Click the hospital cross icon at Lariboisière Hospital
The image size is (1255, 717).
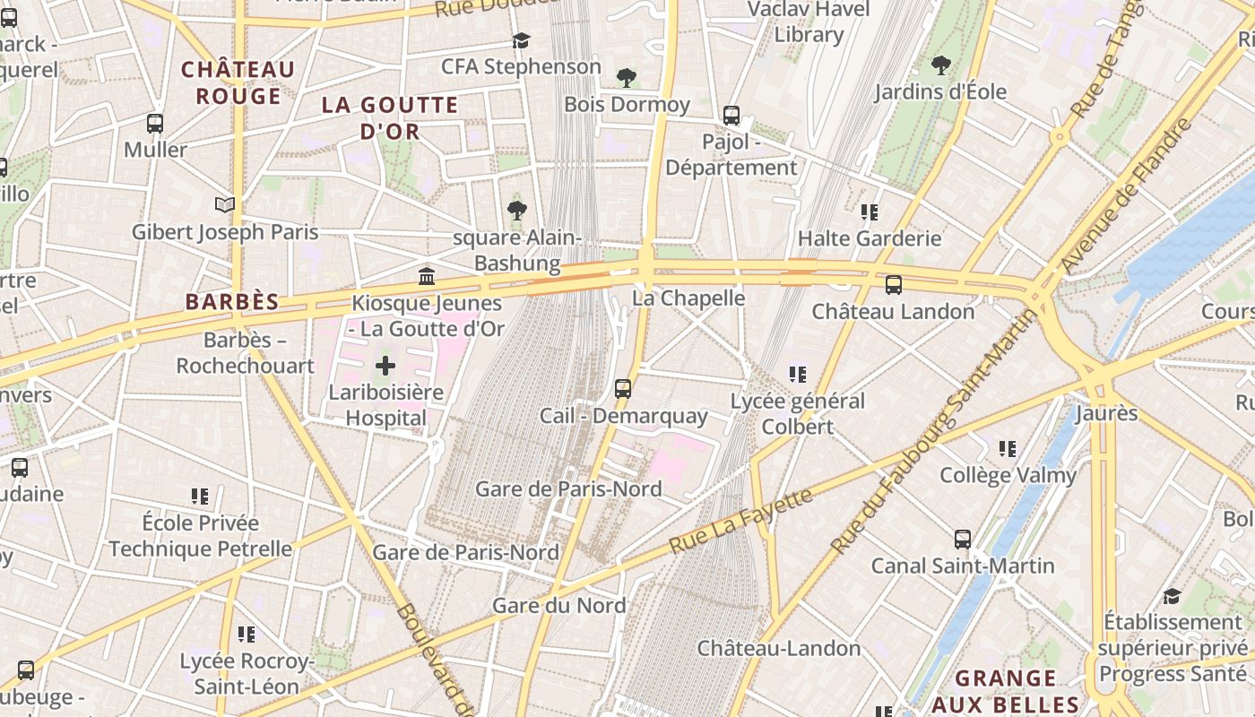(385, 366)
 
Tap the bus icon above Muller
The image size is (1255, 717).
(155, 124)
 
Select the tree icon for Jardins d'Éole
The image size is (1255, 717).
(940, 65)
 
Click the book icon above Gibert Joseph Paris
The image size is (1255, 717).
(224, 205)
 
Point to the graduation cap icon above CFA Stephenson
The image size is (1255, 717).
(521, 41)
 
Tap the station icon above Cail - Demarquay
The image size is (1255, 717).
(623, 389)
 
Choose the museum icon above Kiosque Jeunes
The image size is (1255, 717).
(427, 276)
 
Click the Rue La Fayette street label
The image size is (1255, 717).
(740, 522)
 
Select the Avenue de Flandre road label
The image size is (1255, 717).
(1128, 195)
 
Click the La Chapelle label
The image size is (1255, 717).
(688, 298)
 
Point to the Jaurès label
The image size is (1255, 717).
(1106, 413)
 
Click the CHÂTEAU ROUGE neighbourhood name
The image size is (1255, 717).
(238, 82)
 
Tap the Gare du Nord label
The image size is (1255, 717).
(559, 605)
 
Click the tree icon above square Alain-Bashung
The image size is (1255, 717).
(516, 212)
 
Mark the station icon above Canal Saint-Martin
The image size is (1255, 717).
(963, 540)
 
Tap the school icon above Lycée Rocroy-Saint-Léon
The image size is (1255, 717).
(247, 635)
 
